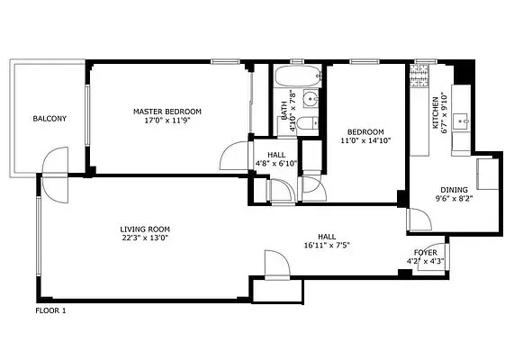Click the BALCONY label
pos(48,119)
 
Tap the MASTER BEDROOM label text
pos(167,111)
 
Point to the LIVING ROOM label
pos(145,229)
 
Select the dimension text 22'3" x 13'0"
pos(145,238)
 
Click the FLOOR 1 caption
pos(50,310)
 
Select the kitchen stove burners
pos(420,80)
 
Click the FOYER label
pos(426,253)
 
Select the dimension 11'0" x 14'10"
pos(365,140)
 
